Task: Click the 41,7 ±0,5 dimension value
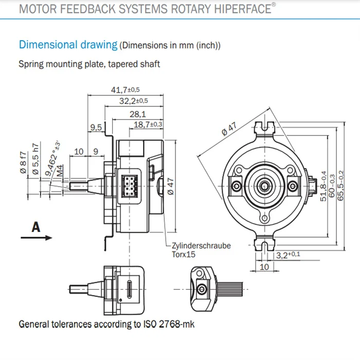coord(125,89)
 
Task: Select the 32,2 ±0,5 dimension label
coord(133,101)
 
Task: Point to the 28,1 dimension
coord(137,114)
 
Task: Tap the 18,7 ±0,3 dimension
coord(148,124)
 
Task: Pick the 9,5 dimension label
coord(96,127)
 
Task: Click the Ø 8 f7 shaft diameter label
coord(23,163)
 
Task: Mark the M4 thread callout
coord(60,170)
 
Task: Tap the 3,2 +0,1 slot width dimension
coord(289,255)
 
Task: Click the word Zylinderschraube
coord(201,245)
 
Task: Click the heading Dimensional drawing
coord(68,44)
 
